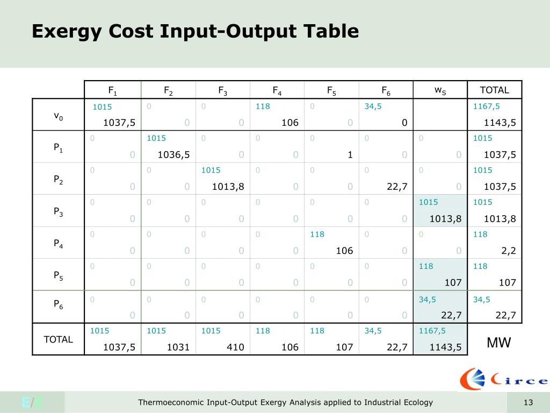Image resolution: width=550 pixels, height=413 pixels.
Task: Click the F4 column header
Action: point(277,90)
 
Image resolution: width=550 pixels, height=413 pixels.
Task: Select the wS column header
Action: point(440,90)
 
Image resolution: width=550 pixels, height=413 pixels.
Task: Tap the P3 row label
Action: point(58,212)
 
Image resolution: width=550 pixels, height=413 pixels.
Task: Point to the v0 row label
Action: point(58,116)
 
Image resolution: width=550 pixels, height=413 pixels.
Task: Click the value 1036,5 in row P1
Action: point(173,155)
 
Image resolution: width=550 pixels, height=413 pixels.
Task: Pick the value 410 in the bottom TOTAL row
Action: point(235,347)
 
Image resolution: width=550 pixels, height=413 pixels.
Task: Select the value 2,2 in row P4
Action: point(508,251)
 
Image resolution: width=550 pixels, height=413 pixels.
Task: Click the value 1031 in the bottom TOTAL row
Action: point(178,347)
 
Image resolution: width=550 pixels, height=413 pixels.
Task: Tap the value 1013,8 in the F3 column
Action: point(228,187)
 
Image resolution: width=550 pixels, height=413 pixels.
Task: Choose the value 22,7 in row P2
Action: point(396,187)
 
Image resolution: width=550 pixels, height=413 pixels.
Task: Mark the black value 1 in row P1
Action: point(350,155)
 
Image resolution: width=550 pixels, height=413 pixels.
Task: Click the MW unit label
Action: point(498,343)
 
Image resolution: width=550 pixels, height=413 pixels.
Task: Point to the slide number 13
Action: point(528,403)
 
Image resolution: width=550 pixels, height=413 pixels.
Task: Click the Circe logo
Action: point(503,380)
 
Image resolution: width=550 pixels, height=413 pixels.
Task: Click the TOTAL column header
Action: point(494,90)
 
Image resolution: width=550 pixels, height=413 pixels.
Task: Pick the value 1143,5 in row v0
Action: point(500,123)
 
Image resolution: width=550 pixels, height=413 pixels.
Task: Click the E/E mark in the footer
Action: point(32,403)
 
